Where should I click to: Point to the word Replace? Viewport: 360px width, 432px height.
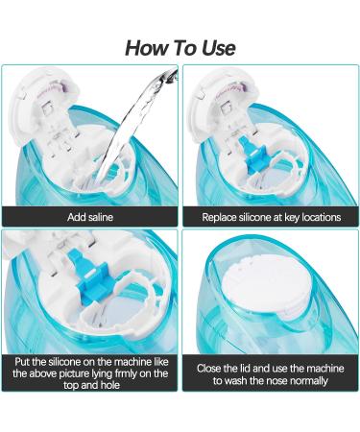(223, 217)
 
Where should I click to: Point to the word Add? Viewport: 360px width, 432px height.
(77, 217)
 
